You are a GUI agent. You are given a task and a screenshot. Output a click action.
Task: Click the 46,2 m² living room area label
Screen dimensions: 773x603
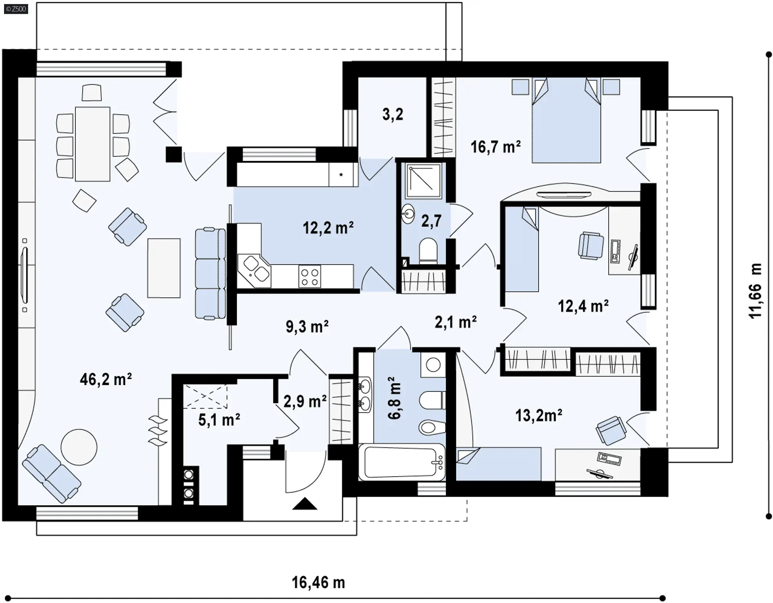[x=106, y=379]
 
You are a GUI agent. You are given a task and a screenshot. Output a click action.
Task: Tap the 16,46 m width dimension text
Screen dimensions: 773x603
[x=318, y=582]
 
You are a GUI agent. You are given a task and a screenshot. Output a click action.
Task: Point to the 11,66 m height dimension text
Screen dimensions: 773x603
[x=755, y=290]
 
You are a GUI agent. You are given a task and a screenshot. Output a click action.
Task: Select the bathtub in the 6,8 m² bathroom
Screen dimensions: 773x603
[x=402, y=462]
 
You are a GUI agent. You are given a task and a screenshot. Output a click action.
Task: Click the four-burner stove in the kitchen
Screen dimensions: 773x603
[x=310, y=276]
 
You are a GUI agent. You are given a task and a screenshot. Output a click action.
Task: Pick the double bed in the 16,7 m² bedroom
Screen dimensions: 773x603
[x=566, y=120]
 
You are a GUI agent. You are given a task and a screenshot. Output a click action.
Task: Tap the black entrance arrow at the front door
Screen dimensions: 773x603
[x=305, y=504]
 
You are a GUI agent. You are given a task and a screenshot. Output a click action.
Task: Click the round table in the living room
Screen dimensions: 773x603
[x=79, y=447]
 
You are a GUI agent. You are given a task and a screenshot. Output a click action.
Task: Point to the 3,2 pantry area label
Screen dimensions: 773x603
[x=393, y=114]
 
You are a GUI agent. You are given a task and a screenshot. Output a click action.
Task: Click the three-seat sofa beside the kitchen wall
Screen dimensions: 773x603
[x=210, y=274]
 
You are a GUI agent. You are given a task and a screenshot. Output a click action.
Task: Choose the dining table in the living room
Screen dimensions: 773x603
[x=93, y=144]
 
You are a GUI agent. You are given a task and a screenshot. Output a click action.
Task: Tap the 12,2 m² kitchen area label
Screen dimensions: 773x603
[x=328, y=228]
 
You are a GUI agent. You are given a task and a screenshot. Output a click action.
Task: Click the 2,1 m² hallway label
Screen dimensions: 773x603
[x=456, y=322]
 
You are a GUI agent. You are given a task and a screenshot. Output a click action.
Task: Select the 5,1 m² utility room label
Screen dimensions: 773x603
[x=219, y=420]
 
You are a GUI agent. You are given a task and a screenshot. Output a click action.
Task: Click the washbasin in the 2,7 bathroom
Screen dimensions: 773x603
[x=408, y=214]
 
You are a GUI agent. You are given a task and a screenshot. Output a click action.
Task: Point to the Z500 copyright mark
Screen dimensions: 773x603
[x=16, y=9]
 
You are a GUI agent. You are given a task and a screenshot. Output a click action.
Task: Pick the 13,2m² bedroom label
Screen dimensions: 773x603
[x=539, y=415]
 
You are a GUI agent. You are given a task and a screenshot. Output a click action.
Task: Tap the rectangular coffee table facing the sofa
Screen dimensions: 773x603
[x=164, y=268]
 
